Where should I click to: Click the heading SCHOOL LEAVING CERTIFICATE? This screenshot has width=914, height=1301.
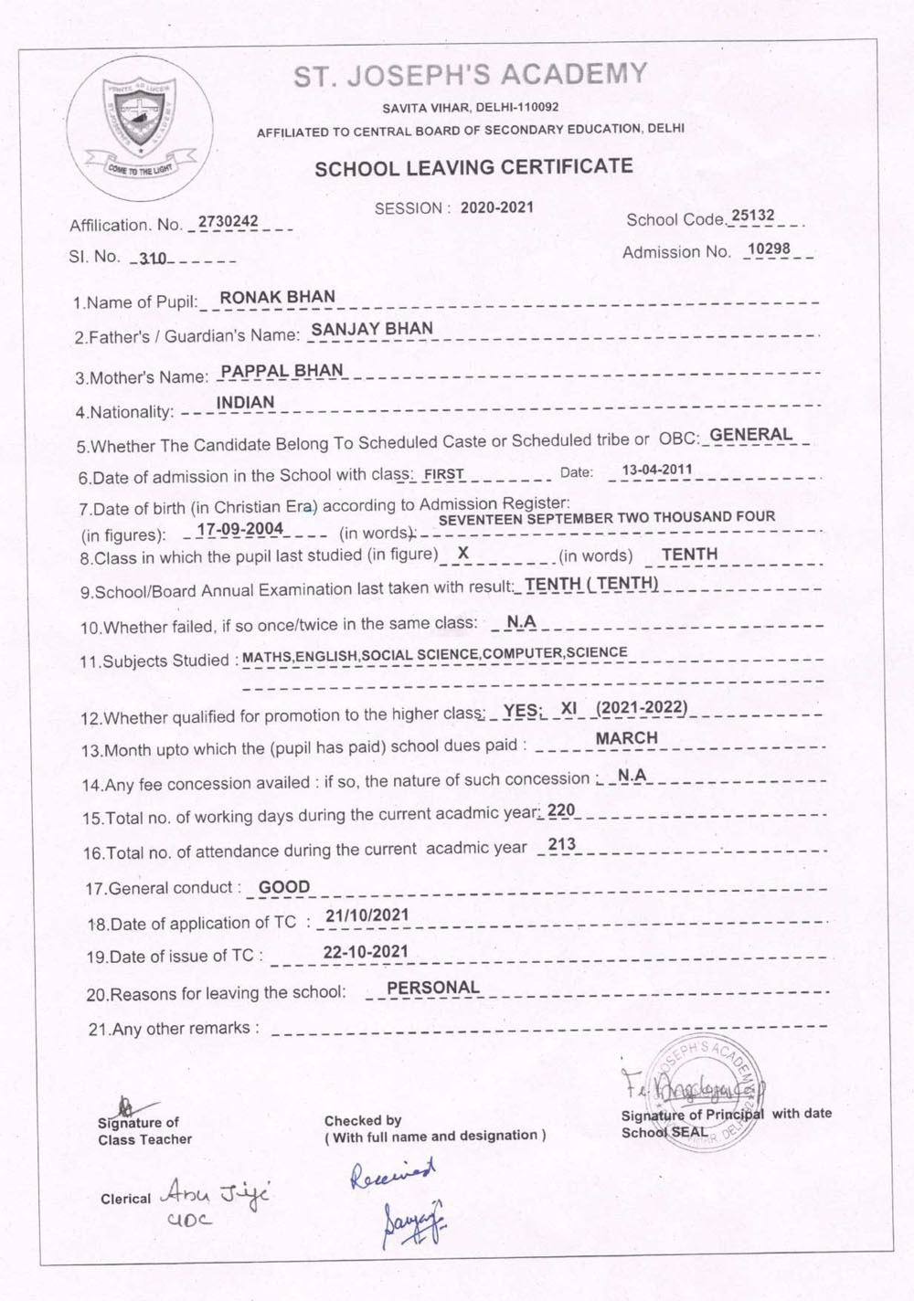click(x=473, y=167)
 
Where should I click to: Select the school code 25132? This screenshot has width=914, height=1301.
click(x=753, y=216)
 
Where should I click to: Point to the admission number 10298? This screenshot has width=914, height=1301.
click(x=768, y=249)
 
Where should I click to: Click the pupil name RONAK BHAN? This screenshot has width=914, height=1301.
click(x=278, y=297)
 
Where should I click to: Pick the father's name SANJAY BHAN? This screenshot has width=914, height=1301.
click(x=372, y=329)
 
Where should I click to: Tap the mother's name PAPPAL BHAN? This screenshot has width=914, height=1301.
click(x=282, y=371)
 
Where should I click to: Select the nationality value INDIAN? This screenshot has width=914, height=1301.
click(x=245, y=402)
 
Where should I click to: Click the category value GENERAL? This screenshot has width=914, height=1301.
click(x=751, y=435)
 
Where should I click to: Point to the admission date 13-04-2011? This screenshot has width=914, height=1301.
click(x=656, y=471)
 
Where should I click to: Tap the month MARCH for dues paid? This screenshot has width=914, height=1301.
click(x=626, y=738)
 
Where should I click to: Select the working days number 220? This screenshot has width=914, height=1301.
click(x=561, y=810)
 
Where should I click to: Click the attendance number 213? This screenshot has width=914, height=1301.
click(x=562, y=844)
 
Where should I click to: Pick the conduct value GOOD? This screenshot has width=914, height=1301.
click(x=284, y=887)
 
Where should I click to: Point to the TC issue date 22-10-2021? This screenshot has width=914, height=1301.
click(x=366, y=951)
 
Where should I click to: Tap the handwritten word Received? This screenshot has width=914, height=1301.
click(x=393, y=1173)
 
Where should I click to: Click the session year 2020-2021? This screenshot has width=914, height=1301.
click(x=496, y=207)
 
